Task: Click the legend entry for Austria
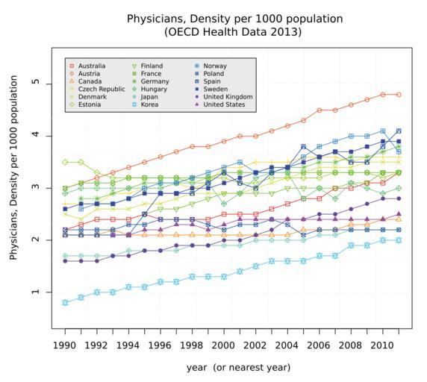[x=85, y=74]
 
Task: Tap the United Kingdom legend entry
[x=225, y=97]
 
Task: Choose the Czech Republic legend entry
[x=98, y=90]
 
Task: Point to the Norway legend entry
[x=211, y=66]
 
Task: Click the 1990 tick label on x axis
[x=64, y=345]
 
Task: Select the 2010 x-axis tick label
[x=382, y=345]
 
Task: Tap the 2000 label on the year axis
[x=223, y=345]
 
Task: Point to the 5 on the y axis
[x=36, y=81]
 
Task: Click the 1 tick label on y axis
[x=36, y=292]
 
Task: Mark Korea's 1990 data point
[x=65, y=303]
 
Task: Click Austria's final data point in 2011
[x=399, y=95]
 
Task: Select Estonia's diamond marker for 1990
[x=65, y=162]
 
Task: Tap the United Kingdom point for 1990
[x=65, y=261]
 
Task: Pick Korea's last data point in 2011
[x=399, y=240]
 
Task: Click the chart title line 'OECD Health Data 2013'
[x=233, y=32]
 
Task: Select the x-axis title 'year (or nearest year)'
[x=238, y=368]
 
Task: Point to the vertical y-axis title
[x=13, y=168]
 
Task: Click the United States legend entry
[x=221, y=104]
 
